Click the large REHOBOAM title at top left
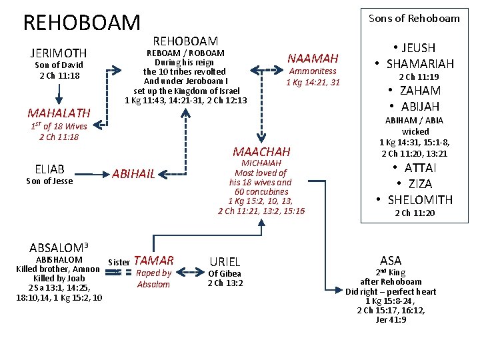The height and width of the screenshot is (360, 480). (x=82, y=23)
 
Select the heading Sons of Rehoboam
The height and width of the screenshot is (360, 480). (x=414, y=18)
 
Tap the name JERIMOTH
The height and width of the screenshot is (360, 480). (x=59, y=53)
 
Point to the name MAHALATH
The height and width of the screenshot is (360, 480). (x=58, y=112)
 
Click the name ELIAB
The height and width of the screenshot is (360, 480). (x=49, y=169)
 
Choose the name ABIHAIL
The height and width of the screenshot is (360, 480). (x=133, y=174)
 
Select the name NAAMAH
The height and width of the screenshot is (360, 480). (x=313, y=58)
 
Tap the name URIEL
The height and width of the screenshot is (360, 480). (x=225, y=262)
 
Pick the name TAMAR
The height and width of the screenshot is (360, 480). (x=154, y=261)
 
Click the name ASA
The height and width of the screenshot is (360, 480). (x=391, y=261)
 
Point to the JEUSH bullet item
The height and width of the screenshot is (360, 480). (x=413, y=48)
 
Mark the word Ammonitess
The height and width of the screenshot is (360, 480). (x=313, y=71)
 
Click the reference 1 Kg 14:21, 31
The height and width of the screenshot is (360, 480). (x=313, y=83)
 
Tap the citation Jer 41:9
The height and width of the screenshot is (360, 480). (x=391, y=320)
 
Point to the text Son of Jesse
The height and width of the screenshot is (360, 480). (x=49, y=181)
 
